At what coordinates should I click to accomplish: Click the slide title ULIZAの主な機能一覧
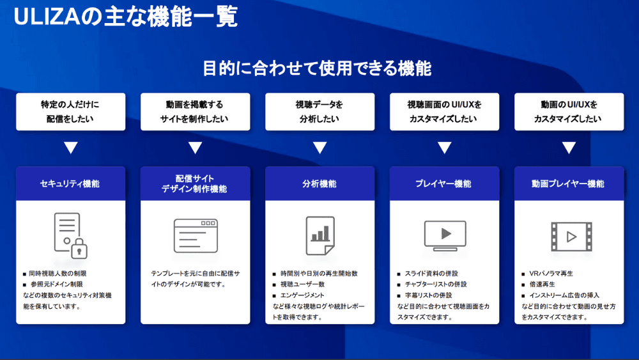pyautogui.click(x=125, y=17)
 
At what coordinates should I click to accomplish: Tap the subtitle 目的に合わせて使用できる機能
pyautogui.click(x=317, y=68)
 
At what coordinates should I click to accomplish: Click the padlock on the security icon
pyautogui.click(x=79, y=248)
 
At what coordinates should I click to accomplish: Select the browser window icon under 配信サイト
pyautogui.click(x=196, y=236)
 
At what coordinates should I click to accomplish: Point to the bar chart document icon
pyautogui.click(x=320, y=236)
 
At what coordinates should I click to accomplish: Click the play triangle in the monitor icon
pyautogui.click(x=446, y=233)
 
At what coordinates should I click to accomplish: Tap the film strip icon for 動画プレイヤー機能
pyautogui.click(x=571, y=237)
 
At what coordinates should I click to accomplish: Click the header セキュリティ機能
pyautogui.click(x=70, y=184)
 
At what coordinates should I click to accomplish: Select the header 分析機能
pyautogui.click(x=319, y=184)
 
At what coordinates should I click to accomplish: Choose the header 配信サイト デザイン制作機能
pyautogui.click(x=194, y=184)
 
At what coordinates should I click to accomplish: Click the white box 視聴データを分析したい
pyautogui.click(x=320, y=112)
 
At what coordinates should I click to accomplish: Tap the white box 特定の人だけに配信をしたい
pyautogui.click(x=70, y=112)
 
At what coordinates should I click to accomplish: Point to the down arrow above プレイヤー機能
pyautogui.click(x=444, y=148)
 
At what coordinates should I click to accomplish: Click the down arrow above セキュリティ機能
pyautogui.click(x=71, y=148)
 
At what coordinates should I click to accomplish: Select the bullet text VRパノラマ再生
pyautogui.click(x=551, y=274)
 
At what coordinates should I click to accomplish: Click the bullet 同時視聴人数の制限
pyautogui.click(x=58, y=274)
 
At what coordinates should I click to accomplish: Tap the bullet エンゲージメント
pyautogui.click(x=302, y=295)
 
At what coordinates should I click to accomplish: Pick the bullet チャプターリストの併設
pyautogui.click(x=436, y=284)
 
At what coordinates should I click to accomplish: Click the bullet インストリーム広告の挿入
pyautogui.click(x=564, y=295)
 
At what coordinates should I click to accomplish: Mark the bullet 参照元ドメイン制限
pyautogui.click(x=57, y=284)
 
